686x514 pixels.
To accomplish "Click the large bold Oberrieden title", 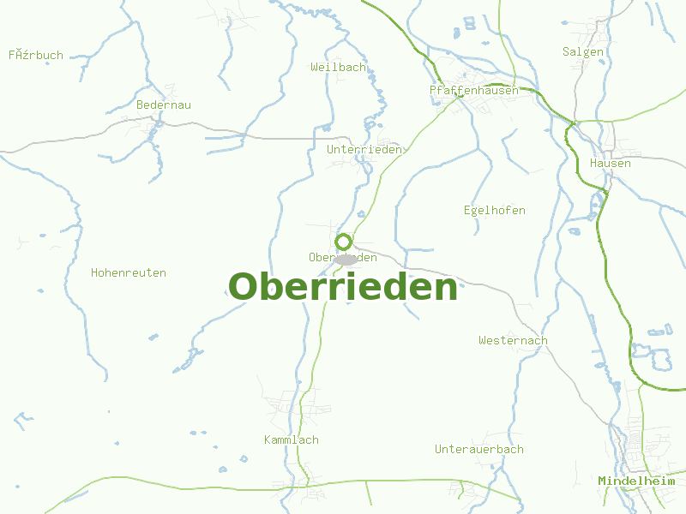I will pos(343,287).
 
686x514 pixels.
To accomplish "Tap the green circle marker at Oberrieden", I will pos(344,242).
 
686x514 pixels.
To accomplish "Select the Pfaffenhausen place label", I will pos(474,90).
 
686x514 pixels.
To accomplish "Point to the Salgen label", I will pos(583,51).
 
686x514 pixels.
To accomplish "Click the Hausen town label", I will pos(611,163).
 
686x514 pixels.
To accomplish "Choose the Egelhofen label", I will pos(494,210).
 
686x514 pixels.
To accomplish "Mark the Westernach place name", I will pos(513,340).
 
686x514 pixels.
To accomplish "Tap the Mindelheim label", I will pos(636,481).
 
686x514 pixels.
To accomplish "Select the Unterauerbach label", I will pos(478,449).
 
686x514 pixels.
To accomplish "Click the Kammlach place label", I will pos(292,439).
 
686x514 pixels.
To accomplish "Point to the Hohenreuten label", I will pos(129,272).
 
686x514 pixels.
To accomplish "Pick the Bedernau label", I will pos(164,105).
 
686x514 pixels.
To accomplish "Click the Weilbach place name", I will pos(339,67).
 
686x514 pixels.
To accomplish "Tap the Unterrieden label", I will pos(364,149).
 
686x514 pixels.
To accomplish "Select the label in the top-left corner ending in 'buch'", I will pos(36,55).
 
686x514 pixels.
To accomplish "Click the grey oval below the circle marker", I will pos(346,259).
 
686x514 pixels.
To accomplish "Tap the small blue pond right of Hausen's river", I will pos(574,230).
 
